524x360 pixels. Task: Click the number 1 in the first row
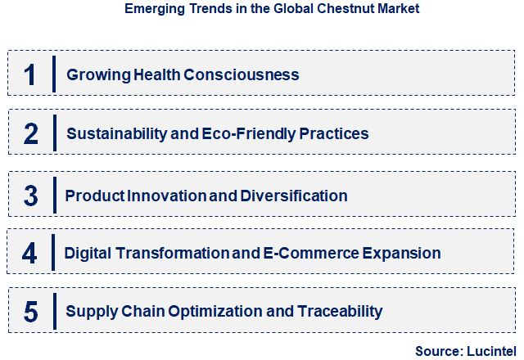click(29, 74)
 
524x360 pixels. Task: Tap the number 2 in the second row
click(30, 133)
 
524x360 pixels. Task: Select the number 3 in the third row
click(30, 196)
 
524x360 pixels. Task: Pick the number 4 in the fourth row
click(29, 253)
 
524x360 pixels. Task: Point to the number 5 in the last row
click(30, 312)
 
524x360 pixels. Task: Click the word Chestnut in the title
click(332, 9)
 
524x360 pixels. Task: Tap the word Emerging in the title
click(152, 9)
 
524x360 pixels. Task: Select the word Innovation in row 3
click(166, 196)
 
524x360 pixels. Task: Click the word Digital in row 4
click(89, 253)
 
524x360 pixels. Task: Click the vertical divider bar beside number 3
click(53, 196)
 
